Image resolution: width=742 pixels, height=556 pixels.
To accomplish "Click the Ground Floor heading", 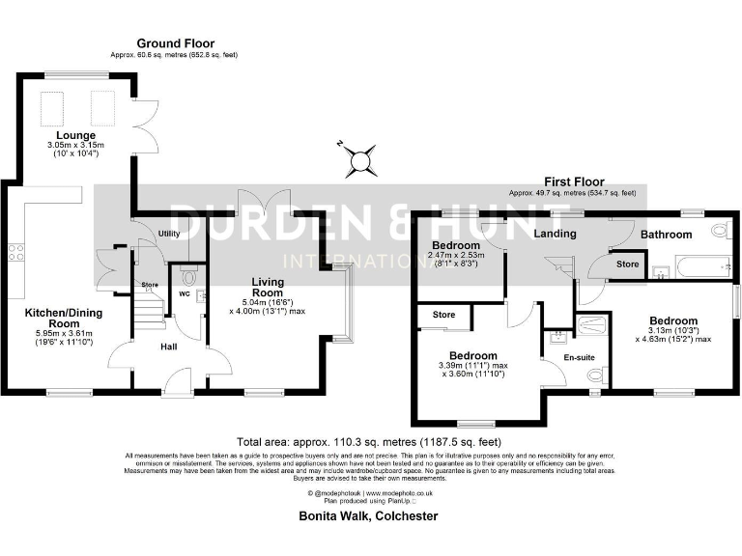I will (175, 43).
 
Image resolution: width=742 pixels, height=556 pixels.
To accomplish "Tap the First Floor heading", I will (574, 181).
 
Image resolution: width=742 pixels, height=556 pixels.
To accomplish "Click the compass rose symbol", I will (364, 159).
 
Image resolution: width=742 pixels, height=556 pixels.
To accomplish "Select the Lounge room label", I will (75, 134).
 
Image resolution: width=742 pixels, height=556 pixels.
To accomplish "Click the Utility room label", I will (170, 234).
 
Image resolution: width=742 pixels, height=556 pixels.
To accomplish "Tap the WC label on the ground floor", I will (184, 293).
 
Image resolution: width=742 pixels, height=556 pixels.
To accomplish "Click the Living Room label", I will (268, 286).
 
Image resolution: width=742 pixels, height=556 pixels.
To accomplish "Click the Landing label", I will (555, 234).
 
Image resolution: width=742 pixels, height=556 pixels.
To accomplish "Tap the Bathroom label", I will (668, 235).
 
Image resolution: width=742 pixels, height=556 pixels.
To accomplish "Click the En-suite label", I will (580, 358).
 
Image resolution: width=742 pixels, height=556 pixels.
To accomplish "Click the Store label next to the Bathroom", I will (628, 264).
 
